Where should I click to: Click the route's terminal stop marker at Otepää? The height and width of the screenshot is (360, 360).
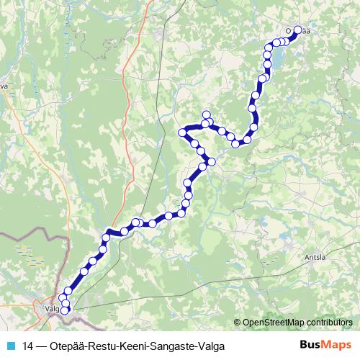point(297,31)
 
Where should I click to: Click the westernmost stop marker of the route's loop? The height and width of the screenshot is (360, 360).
point(183,132)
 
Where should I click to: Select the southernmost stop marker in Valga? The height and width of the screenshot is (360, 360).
point(66,311)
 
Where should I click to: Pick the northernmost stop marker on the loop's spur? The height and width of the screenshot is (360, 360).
point(207,114)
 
